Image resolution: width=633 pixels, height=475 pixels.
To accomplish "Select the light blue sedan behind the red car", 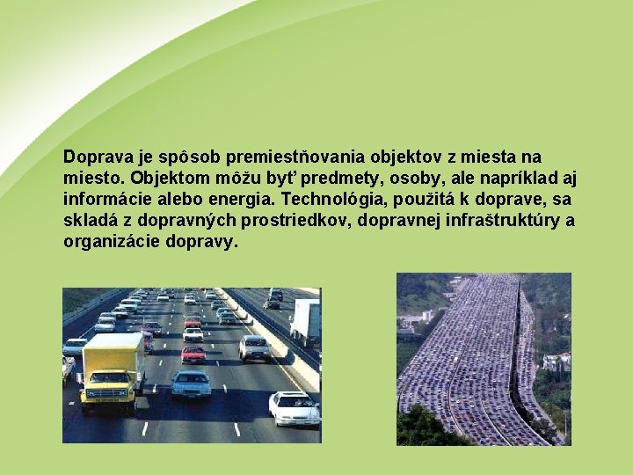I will [x=191, y=383].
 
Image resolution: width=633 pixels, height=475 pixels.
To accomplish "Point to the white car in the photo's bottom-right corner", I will [x=294, y=408].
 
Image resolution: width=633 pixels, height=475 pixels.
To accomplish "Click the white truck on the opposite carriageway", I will [x=305, y=321].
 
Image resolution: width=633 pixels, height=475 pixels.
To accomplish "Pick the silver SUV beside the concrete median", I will [x=255, y=347].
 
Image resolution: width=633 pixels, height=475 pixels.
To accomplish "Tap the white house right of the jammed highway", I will [x=557, y=362].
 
